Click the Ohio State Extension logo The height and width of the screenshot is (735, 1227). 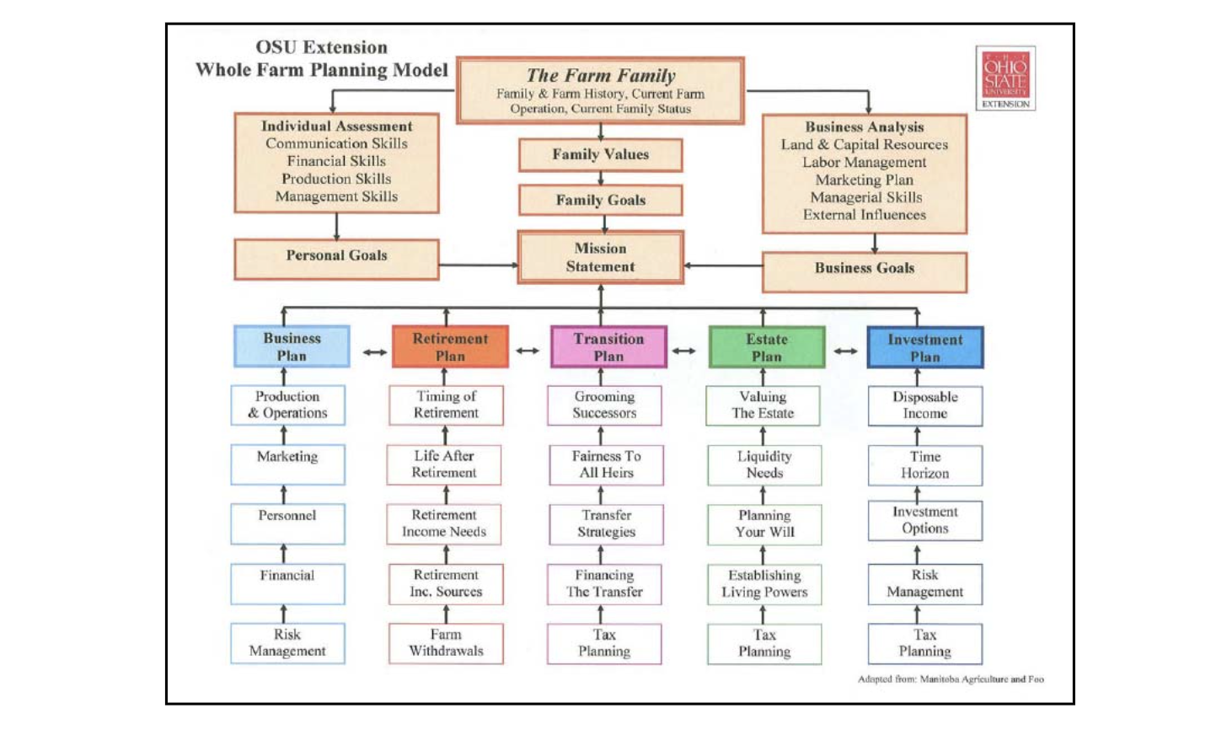point(1005,78)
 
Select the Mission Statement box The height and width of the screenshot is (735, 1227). point(600,258)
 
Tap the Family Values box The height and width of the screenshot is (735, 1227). point(600,155)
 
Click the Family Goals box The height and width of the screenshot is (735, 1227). point(600,201)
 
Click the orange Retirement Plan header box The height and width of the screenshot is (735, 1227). point(450,347)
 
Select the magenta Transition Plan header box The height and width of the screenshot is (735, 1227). point(608,347)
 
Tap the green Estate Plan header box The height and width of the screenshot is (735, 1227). point(766,347)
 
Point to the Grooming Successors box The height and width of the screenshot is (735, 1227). point(604,405)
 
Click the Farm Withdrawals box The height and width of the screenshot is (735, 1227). point(446,643)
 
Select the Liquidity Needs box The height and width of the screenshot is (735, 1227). point(764,465)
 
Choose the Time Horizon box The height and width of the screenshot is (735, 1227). point(924,465)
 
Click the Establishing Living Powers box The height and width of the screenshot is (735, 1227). point(764,584)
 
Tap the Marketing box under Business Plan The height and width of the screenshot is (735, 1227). point(287,464)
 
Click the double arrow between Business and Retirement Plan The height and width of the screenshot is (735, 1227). point(375,352)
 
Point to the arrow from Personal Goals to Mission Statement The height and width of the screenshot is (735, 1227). point(477,266)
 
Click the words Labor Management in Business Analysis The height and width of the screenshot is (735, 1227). point(864,163)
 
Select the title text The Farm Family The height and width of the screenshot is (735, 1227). point(600,76)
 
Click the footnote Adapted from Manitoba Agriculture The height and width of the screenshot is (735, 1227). point(951,679)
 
